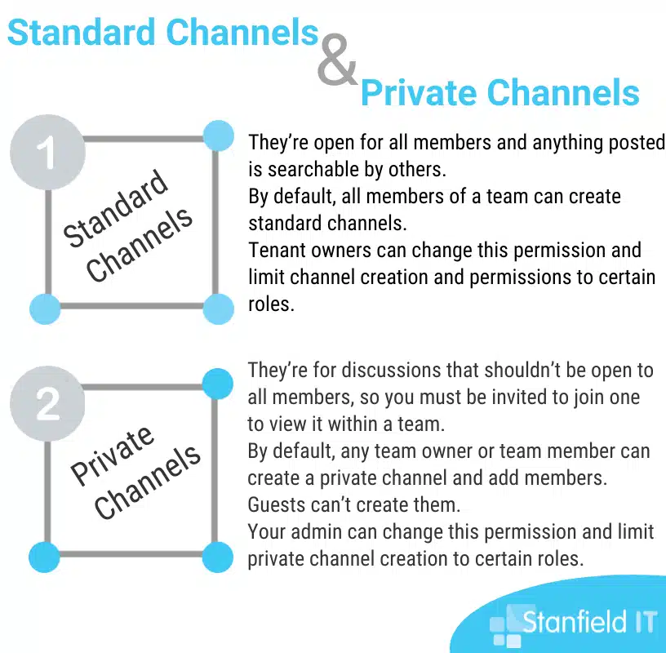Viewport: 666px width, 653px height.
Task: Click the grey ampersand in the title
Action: (x=337, y=59)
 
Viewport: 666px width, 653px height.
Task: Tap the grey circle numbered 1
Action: (x=47, y=152)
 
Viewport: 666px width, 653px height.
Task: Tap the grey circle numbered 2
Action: (x=47, y=403)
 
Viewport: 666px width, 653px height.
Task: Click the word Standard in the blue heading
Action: (x=82, y=33)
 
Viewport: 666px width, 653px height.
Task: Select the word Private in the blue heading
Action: (x=419, y=92)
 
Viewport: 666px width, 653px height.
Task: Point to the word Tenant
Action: (x=277, y=251)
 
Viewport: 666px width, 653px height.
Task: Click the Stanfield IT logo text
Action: (x=589, y=622)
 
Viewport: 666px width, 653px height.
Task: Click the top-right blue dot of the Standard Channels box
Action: (x=218, y=136)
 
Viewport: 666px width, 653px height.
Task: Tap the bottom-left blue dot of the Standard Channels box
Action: (x=45, y=309)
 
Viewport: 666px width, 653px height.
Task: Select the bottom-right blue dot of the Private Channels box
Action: (x=217, y=557)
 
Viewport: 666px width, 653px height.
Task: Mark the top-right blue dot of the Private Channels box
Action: (x=217, y=384)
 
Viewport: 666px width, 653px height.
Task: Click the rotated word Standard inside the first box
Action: (x=116, y=208)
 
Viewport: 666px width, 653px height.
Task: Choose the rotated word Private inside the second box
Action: (x=112, y=455)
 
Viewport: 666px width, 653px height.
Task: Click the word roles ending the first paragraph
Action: (x=271, y=304)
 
